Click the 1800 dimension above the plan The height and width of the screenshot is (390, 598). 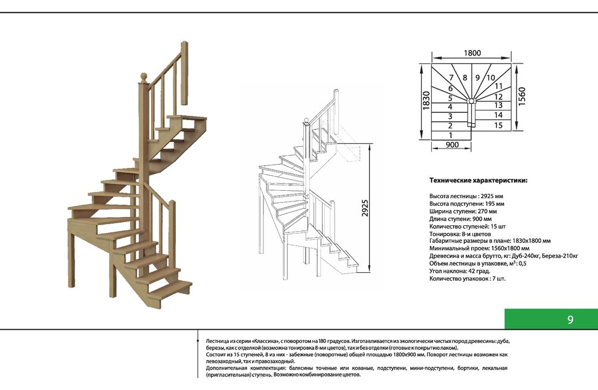[472, 53]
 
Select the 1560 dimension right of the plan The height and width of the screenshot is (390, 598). [522, 97]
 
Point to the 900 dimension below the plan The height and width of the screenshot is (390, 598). [452, 144]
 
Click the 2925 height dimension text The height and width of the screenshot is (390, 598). [365, 208]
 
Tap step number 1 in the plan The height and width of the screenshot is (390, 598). [451, 135]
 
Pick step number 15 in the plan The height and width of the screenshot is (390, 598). [498, 125]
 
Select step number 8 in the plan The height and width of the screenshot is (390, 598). [465, 78]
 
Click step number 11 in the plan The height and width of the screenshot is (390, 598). [498, 86]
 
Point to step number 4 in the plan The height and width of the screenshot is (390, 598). [450, 107]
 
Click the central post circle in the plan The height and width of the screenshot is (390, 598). [471, 101]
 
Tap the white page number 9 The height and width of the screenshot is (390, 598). [570, 319]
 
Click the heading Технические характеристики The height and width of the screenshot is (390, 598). [478, 181]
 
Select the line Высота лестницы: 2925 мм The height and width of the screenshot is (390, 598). [466, 196]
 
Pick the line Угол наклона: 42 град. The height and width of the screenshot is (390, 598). [460, 271]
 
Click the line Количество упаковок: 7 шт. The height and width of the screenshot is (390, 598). [467, 279]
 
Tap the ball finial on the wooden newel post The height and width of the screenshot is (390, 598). [143, 76]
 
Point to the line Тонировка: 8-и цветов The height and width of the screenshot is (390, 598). [460, 234]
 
